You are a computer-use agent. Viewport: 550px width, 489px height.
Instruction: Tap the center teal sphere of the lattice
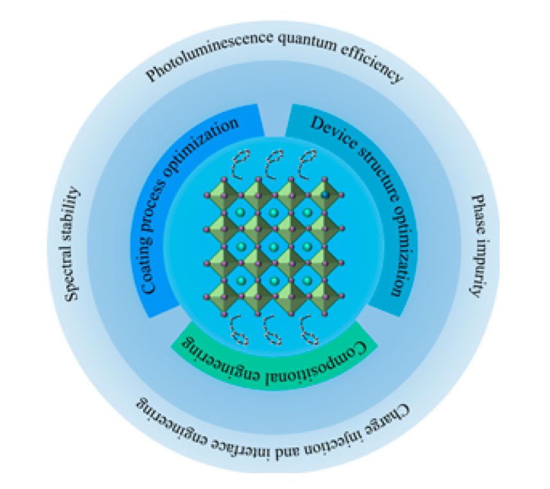[x=274, y=247]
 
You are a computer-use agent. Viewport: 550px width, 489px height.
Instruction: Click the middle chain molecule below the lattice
[x=274, y=330]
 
